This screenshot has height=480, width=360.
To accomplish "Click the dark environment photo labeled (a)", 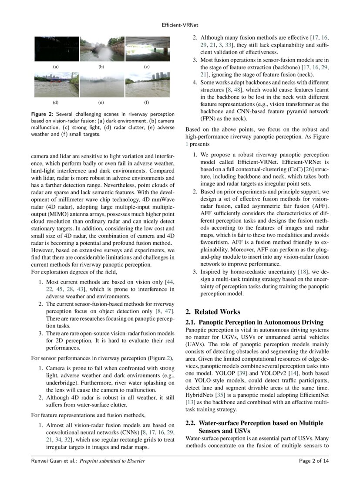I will point(57,49).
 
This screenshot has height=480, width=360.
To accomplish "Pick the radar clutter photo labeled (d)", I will point(57,85).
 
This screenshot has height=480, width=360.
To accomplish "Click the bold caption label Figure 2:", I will point(42,114).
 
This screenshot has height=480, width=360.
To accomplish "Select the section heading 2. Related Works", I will point(212,312).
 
